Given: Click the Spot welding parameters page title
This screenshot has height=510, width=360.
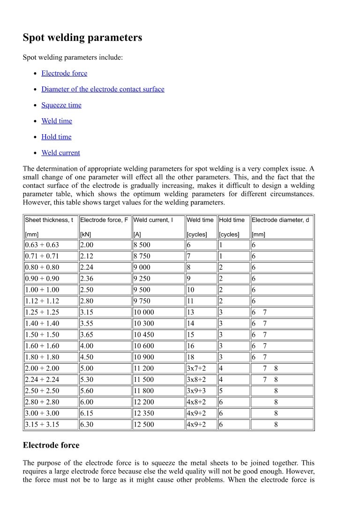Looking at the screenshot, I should point(82,38).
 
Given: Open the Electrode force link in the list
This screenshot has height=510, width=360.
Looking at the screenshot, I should point(64,73).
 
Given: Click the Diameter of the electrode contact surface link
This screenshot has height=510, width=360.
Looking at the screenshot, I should point(103,89).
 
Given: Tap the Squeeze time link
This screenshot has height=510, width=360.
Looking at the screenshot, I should point(61,105).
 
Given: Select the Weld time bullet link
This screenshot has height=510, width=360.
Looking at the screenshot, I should point(57,121).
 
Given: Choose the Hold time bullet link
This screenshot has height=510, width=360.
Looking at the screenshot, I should point(56,137).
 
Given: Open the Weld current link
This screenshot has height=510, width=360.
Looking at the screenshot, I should point(60,153).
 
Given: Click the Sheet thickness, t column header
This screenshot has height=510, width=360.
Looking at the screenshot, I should point(49,220).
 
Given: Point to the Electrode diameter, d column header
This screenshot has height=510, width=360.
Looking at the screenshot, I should point(280,220).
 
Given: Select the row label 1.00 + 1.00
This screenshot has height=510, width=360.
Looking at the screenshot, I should point(42,290).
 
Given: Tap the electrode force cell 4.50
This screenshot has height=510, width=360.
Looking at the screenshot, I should point(87,358).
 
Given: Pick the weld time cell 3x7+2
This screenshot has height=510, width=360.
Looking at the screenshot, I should point(196,369).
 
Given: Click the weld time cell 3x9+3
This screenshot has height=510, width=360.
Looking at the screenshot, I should point(196,391).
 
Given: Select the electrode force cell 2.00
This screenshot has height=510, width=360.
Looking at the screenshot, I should point(87,245).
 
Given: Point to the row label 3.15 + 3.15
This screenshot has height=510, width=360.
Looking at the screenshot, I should point(42,425).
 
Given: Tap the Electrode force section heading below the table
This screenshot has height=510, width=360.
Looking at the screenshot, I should point(51,445).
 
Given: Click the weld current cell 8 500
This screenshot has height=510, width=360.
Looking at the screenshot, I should point(142,245).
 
